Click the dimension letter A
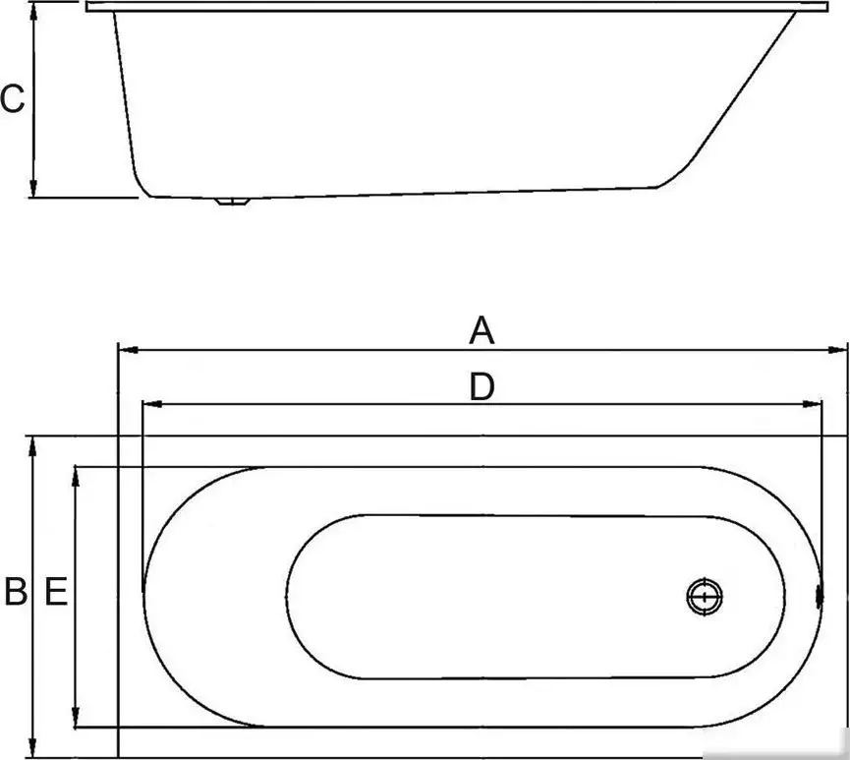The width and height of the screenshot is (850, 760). [481, 331]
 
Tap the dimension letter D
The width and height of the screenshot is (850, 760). [481, 387]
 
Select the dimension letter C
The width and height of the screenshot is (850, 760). [12, 99]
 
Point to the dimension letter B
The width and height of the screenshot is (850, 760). [15, 593]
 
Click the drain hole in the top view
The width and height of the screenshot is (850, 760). [705, 597]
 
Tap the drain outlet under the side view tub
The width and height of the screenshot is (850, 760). [233, 203]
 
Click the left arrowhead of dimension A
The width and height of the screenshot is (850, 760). [125, 348]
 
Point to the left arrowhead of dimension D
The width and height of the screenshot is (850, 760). [150, 404]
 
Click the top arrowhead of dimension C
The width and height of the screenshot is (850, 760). [33, 8]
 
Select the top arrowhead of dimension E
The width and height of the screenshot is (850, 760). [76, 475]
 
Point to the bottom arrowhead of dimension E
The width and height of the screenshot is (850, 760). [76, 720]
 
